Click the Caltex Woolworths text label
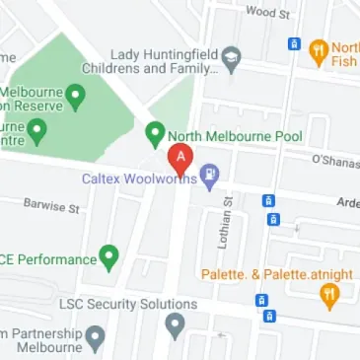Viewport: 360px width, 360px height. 137,179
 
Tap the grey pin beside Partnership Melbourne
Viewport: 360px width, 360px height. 95,340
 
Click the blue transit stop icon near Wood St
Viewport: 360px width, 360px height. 293,43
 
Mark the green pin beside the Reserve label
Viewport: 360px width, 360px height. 76,96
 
